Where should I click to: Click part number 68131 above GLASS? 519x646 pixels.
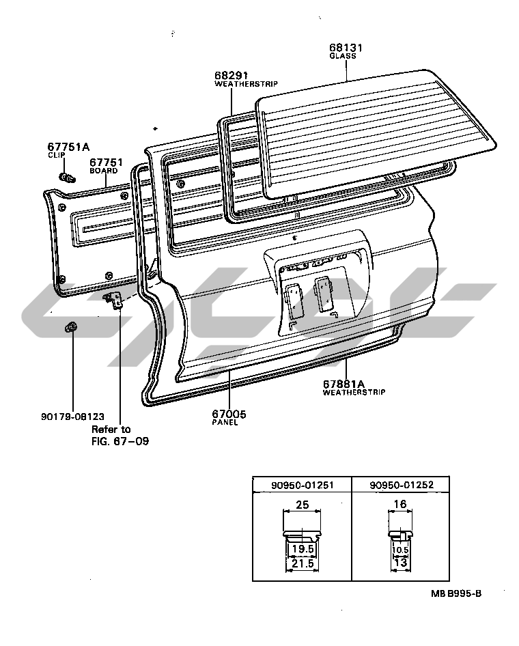pos(346,47)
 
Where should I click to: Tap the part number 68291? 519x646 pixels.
pos(231,75)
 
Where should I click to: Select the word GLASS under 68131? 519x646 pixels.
pos(343,56)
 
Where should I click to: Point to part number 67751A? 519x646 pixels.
pos(68,147)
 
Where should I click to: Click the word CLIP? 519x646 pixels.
pos(57,155)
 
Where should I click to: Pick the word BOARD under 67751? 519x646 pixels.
pos(104,171)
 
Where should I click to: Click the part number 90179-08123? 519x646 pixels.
pos(72,416)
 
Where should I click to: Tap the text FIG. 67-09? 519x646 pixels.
pos(120,441)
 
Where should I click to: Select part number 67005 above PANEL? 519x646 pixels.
pos(229,414)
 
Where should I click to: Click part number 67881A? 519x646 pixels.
pos(344,384)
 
